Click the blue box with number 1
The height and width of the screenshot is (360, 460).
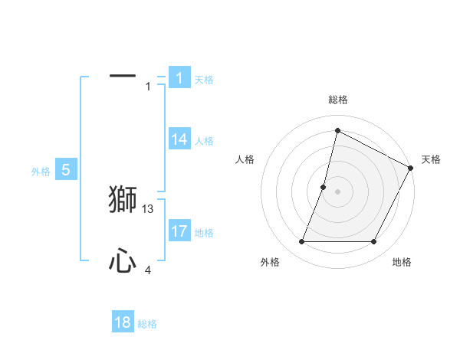coord(179,77)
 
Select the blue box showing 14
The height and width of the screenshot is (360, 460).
coord(179,139)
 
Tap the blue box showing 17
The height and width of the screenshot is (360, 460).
coord(179,231)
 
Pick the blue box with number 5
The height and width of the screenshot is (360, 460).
coord(66,170)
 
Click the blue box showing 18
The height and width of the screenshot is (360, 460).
coord(123,322)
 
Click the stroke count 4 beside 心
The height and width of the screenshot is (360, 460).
coord(148,270)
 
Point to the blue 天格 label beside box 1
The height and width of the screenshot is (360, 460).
coord(204,80)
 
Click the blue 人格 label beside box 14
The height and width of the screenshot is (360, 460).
coord(204,141)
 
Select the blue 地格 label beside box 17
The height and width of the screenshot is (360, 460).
coord(204,233)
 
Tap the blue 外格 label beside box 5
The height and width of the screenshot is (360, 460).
coord(41,172)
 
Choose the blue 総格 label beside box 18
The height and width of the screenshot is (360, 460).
coord(147,324)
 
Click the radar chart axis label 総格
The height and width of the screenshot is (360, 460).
coord(337,100)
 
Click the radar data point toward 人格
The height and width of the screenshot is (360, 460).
coord(324,187)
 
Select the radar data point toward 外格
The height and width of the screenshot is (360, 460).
coord(301,242)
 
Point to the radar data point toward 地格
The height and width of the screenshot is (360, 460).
coord(373,242)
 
